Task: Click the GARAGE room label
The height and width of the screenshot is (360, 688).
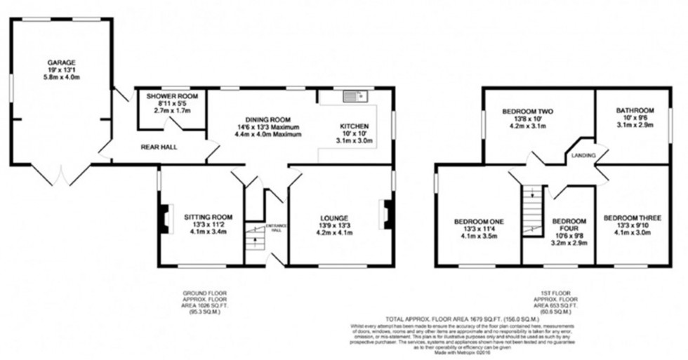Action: pyautogui.click(x=61, y=62)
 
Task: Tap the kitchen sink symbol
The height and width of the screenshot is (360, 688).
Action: pyautogui.click(x=352, y=95)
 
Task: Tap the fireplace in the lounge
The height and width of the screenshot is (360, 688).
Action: pyautogui.click(x=385, y=214)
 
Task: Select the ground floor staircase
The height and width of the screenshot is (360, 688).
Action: pyautogui.click(x=253, y=239)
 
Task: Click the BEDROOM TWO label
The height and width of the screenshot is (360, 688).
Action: pyautogui.click(x=527, y=111)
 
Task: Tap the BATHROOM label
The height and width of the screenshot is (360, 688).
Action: pyautogui.click(x=635, y=110)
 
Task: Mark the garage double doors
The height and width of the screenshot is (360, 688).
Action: pyautogui.click(x=61, y=175)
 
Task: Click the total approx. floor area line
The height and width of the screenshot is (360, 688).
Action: pyautogui.click(x=461, y=318)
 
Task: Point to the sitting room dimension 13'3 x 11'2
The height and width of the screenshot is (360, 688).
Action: pyautogui.click(x=204, y=225)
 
